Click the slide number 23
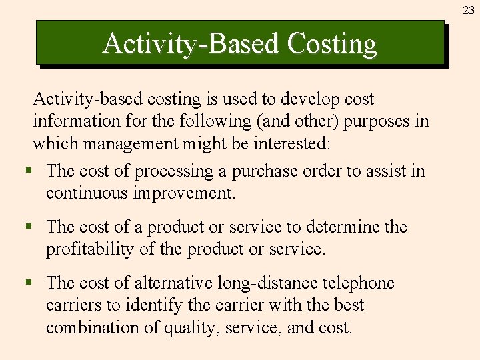pyautogui.click(x=469, y=10)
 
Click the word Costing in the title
pyautogui.click(x=332, y=44)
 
